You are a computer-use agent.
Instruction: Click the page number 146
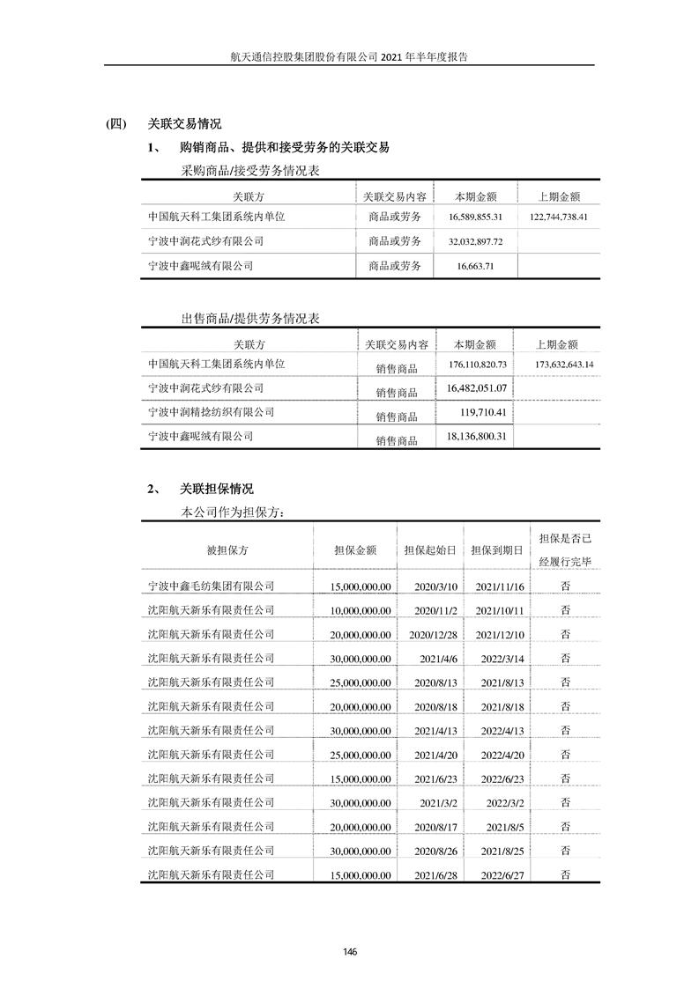(x=350, y=951)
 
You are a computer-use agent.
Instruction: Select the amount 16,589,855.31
(x=474, y=217)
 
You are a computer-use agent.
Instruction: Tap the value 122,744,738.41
(x=559, y=217)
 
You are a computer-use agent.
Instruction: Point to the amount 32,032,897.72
(x=474, y=241)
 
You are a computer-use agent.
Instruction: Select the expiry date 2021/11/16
(x=500, y=586)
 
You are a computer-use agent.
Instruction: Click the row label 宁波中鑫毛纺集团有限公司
(x=212, y=586)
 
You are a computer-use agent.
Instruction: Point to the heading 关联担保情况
(x=216, y=489)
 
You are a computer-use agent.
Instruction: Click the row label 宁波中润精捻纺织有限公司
(x=212, y=411)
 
